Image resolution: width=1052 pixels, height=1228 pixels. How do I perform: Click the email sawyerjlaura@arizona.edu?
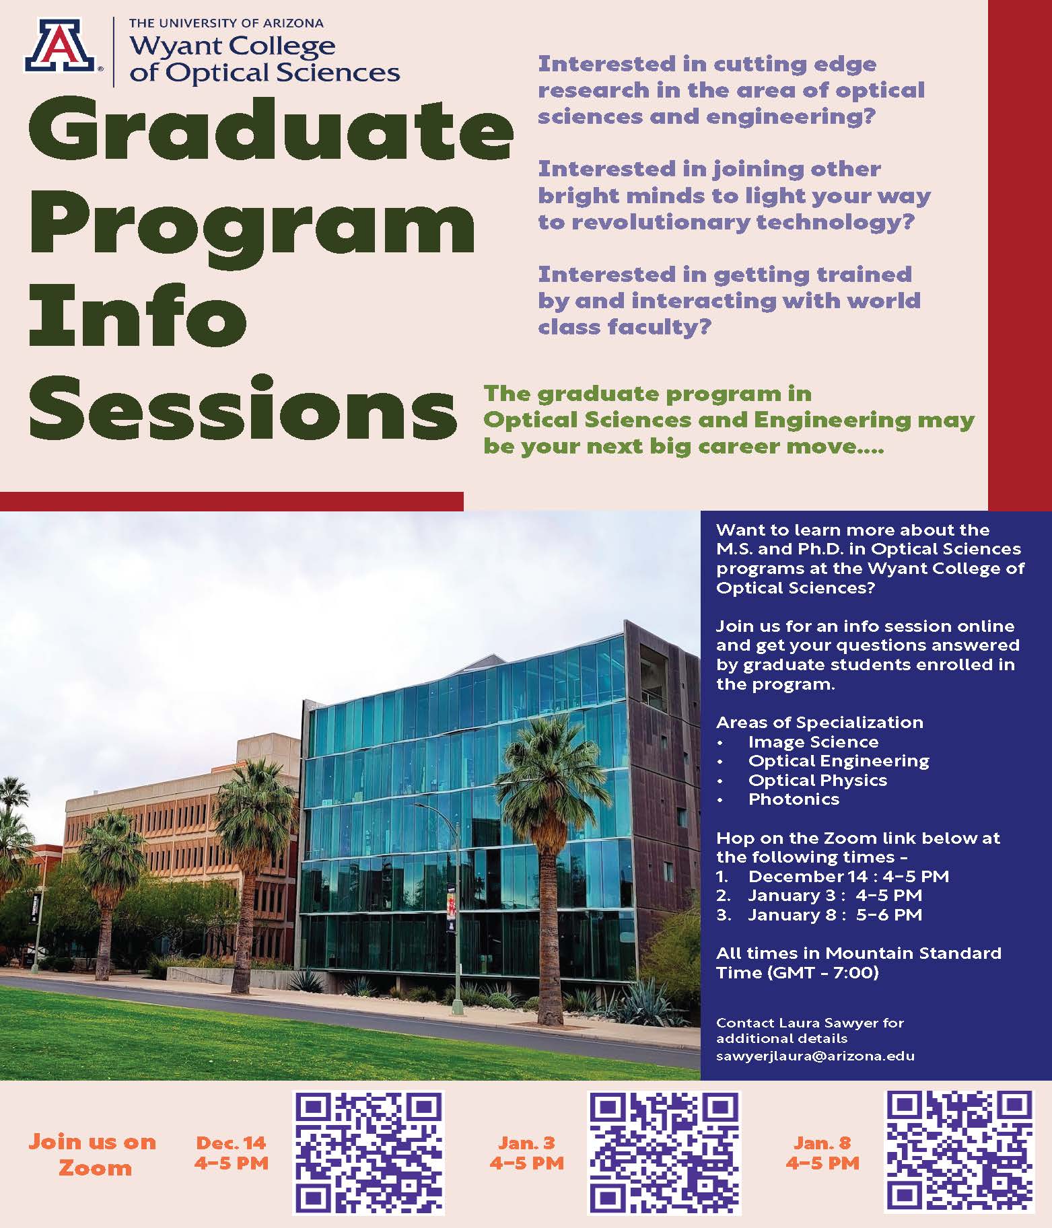(815, 1056)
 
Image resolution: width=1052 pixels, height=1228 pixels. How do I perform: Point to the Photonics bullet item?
(794, 799)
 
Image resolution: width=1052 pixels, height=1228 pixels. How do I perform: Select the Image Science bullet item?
(812, 742)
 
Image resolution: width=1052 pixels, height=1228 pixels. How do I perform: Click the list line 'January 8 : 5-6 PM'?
(835, 914)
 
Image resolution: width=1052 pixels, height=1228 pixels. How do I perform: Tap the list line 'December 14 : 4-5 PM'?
(848, 876)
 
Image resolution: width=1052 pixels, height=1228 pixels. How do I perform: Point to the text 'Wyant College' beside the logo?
(232, 46)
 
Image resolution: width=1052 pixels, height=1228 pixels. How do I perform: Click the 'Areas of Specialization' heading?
(819, 723)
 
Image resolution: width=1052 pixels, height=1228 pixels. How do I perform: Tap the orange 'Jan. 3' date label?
(526, 1142)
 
